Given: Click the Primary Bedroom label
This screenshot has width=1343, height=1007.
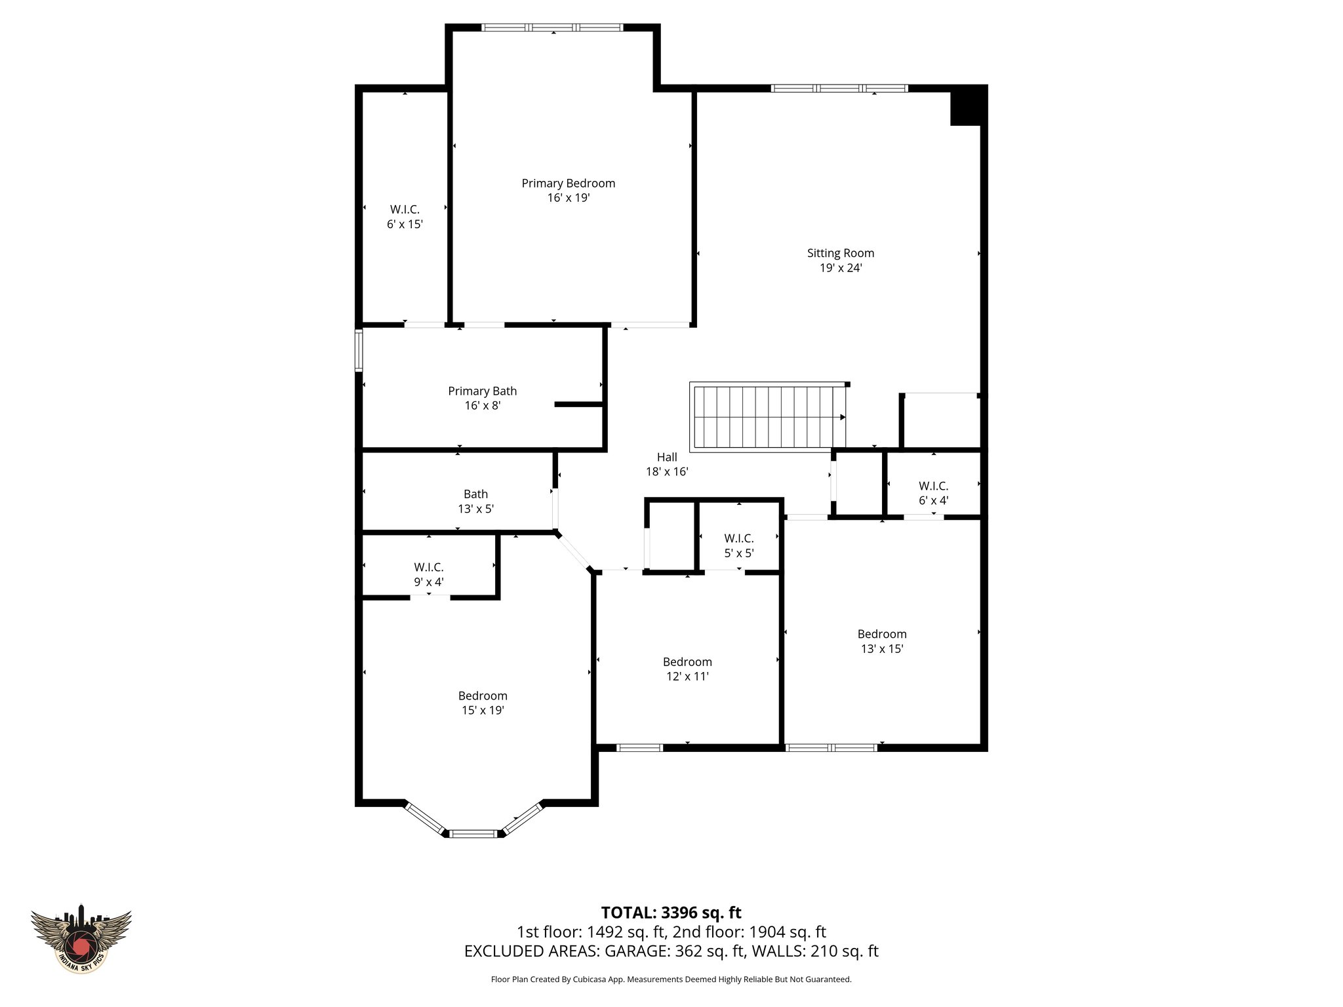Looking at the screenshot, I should tap(568, 184).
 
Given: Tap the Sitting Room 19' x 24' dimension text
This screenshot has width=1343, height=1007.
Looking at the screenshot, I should tap(840, 268).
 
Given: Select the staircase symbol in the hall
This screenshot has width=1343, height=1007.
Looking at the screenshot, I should tap(767, 416).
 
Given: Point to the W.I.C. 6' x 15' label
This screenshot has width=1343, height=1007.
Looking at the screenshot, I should tap(405, 216).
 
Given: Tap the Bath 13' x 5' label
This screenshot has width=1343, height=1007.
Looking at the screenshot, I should tap(475, 502).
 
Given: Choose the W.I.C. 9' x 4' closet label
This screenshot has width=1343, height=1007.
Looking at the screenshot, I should tap(429, 574).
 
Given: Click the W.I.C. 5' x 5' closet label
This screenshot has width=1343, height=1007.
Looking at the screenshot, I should tap(739, 545).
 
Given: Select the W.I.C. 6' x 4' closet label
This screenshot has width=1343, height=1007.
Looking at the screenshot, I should tap(933, 493).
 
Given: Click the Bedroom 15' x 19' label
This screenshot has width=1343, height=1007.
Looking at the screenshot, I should tap(483, 703).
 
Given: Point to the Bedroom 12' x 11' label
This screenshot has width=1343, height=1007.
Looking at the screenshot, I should tap(687, 669).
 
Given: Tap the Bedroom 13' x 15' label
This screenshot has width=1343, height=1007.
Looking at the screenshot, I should tap(882, 641).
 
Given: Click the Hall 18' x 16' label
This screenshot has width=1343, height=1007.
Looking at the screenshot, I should tap(667, 464).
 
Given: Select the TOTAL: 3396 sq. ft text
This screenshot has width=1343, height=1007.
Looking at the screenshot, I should tap(671, 913).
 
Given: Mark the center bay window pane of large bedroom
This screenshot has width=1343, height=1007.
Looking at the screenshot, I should tap(473, 833).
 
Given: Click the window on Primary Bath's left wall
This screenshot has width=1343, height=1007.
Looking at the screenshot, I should tap(359, 351).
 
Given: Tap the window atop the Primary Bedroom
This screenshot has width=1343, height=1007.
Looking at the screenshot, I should tap(552, 28).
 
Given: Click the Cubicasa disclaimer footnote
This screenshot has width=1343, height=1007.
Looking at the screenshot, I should tap(671, 979).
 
